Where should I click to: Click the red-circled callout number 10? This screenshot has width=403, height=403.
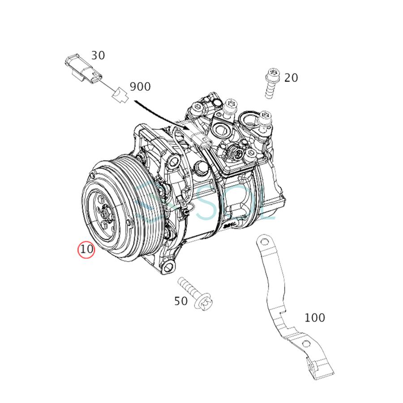click(86, 249)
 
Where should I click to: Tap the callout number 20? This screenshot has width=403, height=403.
click(291, 78)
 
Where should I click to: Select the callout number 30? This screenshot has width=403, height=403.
click(98, 56)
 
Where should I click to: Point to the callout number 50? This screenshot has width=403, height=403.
click(180, 301)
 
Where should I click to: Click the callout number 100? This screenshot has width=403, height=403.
click(314, 318)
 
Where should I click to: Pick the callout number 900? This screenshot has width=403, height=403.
click(140, 86)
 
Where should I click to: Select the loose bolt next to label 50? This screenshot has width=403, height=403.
click(195, 294)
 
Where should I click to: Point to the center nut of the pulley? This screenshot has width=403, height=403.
click(105, 214)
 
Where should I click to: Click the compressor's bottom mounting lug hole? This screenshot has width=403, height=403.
click(168, 267)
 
